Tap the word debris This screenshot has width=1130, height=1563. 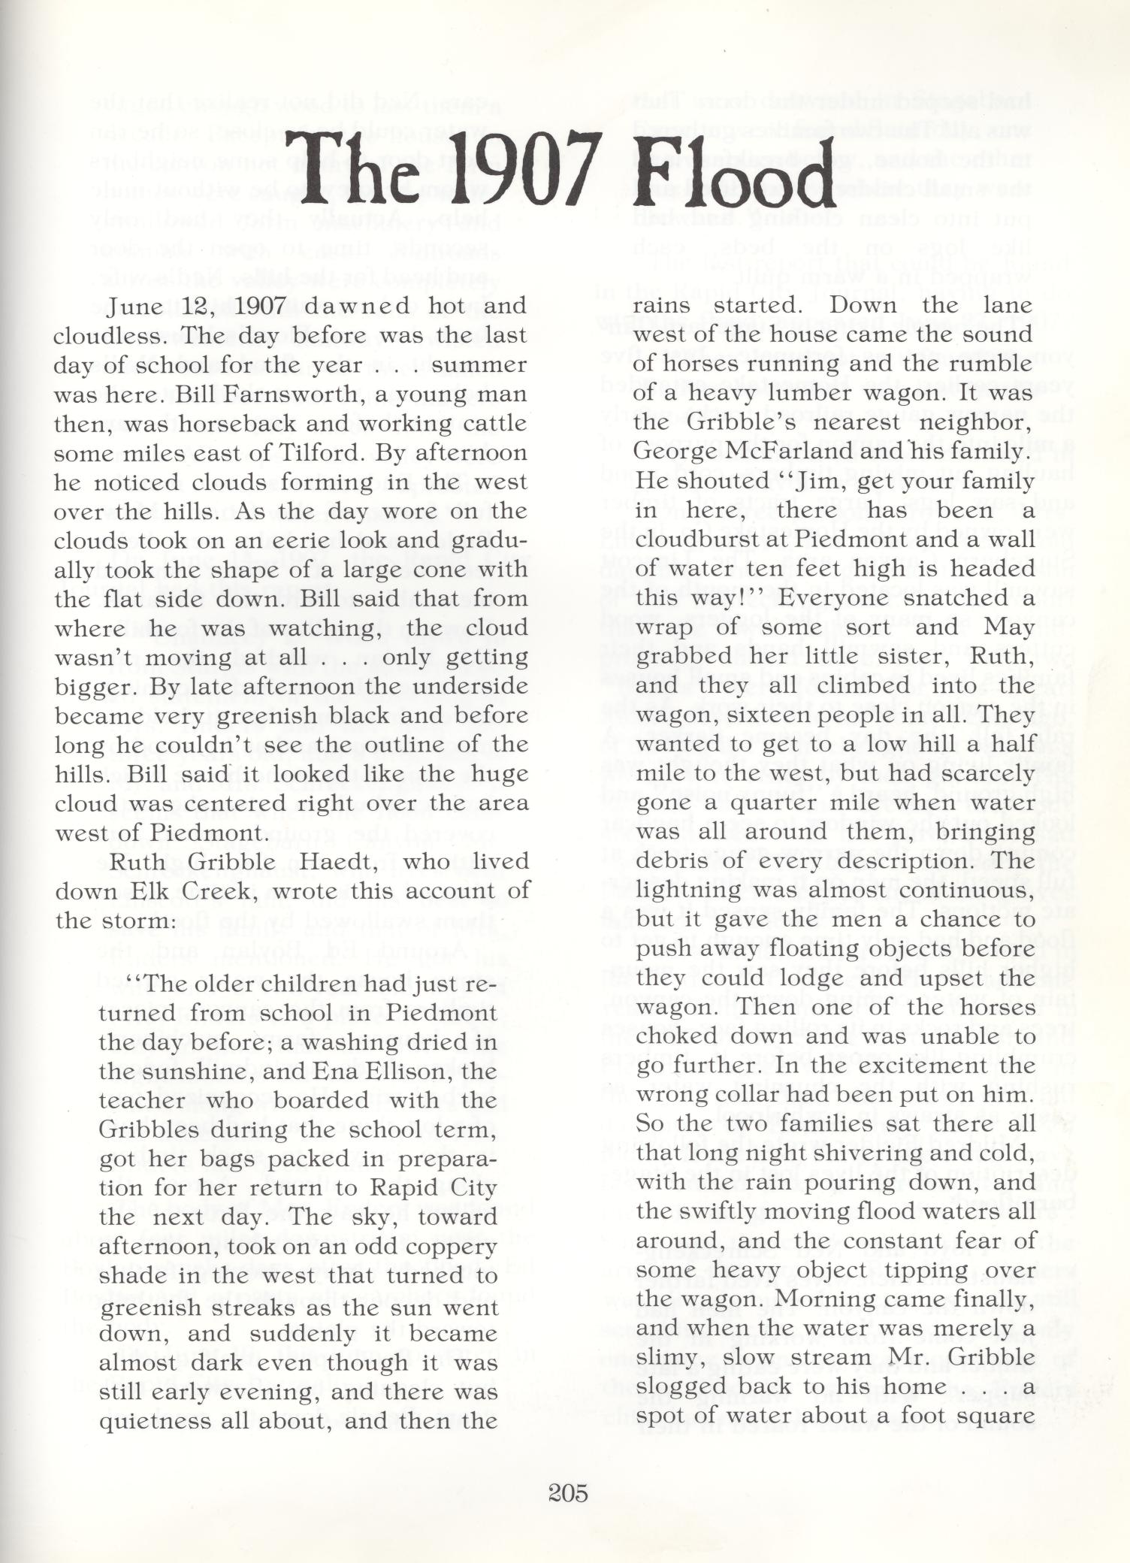coord(670,861)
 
